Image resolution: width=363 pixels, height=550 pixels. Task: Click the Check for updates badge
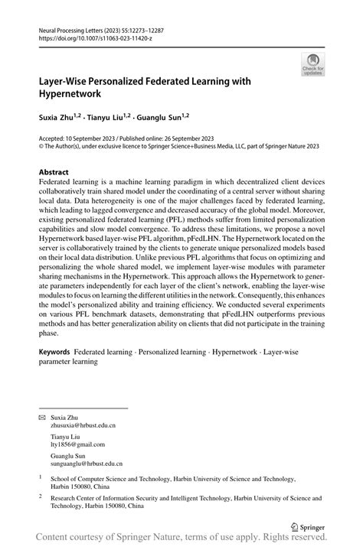click(x=312, y=65)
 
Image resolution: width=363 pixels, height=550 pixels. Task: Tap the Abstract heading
click(x=54, y=173)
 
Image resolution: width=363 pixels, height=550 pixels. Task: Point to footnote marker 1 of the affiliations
click(x=40, y=477)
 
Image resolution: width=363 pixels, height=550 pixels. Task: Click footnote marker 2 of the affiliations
click(x=40, y=496)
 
